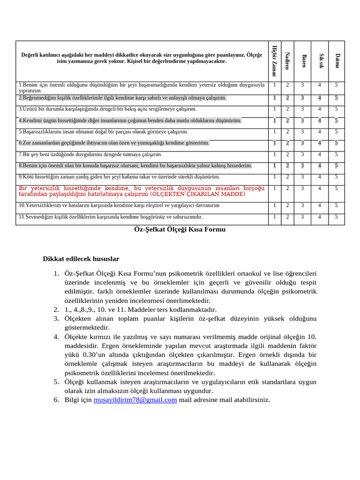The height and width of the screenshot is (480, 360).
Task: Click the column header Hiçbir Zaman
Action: tap(274, 60)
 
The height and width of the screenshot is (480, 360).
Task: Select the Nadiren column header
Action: tap(288, 60)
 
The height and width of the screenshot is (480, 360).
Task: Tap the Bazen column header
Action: tap(304, 60)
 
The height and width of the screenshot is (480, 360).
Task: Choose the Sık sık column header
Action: tap(321, 60)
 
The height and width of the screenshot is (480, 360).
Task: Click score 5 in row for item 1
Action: tap(336, 85)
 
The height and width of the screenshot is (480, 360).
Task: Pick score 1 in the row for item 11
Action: tap(274, 217)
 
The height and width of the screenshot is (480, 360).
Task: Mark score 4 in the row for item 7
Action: tap(319, 154)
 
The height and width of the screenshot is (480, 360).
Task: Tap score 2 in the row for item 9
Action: tap(287, 177)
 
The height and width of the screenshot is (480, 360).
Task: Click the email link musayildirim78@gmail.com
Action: tap(135, 400)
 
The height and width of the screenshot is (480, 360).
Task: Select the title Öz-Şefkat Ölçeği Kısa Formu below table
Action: tap(180, 229)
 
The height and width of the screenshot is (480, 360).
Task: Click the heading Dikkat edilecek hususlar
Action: tap(81, 259)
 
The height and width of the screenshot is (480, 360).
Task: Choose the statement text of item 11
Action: tap(110, 217)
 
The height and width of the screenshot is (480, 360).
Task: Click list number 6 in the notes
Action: tap(56, 400)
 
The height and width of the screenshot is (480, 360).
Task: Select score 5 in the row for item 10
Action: tap(336, 205)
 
